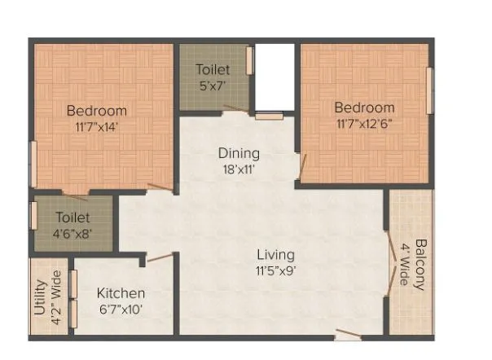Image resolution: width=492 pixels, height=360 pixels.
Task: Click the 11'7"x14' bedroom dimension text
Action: pos(96,127)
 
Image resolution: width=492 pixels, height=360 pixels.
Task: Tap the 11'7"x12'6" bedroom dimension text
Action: pos(364,125)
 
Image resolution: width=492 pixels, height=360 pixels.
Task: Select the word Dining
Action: pos(238,153)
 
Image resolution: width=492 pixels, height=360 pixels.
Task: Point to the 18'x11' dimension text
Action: pos(238,170)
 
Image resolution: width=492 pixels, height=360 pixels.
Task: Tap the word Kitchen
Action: pos(121,293)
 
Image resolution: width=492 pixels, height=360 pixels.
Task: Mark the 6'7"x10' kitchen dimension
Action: pos(121,310)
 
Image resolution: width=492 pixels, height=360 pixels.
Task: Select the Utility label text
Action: pos(39,300)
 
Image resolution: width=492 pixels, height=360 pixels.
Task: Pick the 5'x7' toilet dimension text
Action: pos(213,86)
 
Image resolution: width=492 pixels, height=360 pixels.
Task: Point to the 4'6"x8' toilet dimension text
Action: pos(73,234)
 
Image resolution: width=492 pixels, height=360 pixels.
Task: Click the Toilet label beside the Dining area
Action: pos(213,70)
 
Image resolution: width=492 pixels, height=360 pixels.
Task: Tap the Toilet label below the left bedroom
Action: pos(73,217)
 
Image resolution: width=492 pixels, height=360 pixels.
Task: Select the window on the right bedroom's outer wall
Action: pos(430,90)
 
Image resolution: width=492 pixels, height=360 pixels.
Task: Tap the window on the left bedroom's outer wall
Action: pos(33,164)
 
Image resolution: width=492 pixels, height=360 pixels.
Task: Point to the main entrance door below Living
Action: pos(348,333)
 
